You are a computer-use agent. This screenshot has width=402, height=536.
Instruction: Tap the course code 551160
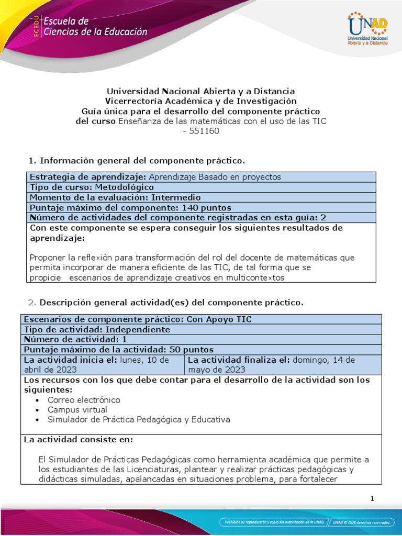201,131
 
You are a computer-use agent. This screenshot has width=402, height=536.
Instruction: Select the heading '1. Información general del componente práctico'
136,160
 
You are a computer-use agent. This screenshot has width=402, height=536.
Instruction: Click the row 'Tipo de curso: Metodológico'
92,187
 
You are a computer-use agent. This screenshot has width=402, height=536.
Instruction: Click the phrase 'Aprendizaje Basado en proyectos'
215,177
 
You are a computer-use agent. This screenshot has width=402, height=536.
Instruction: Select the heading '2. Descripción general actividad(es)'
163,303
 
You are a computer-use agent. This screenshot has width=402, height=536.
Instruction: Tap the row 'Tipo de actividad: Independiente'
97,330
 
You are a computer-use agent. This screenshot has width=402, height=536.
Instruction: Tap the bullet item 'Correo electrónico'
84,400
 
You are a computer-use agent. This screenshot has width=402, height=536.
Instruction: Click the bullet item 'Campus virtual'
77,410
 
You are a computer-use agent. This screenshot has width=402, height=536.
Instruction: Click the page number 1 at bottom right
372,499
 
